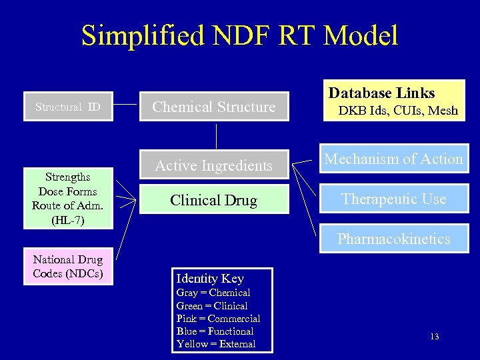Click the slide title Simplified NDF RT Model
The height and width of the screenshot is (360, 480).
[x=239, y=35]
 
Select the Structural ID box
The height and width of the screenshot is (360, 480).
[x=67, y=107]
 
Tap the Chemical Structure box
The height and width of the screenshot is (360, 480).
[x=214, y=107]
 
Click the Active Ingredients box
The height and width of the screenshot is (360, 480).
[x=214, y=165]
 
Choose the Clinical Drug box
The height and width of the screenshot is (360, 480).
[x=214, y=200]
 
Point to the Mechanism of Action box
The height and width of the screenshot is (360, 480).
[x=393, y=159]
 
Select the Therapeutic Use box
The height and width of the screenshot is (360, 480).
[x=393, y=199]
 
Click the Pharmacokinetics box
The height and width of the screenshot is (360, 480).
[x=393, y=239]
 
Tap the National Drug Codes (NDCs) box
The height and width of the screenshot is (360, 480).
[x=67, y=266]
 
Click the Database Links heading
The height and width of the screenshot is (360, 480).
[x=381, y=93]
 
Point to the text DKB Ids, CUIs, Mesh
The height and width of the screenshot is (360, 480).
[x=398, y=111]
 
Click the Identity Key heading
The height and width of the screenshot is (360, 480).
[x=209, y=279]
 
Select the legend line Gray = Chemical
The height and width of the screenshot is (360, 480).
[x=213, y=293]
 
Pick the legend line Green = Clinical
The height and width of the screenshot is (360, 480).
[x=212, y=306]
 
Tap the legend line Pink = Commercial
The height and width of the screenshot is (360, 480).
[x=218, y=319]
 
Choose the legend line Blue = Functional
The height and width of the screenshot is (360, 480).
[x=215, y=331]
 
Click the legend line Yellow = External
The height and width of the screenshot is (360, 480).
[x=216, y=344]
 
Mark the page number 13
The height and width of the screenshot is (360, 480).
[x=434, y=337]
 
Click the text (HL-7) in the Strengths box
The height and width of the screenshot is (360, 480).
[x=67, y=219]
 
